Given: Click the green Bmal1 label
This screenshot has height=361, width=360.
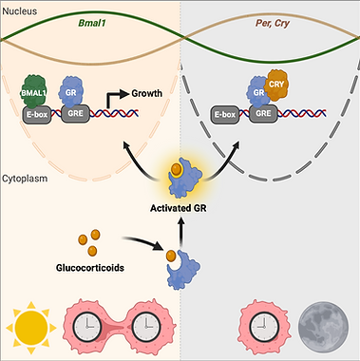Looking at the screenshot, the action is [92, 24].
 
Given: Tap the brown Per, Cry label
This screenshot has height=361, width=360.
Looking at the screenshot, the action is [273, 24].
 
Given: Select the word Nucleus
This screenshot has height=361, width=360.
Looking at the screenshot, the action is [20, 11].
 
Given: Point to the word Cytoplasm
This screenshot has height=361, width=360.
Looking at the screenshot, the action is [25, 179].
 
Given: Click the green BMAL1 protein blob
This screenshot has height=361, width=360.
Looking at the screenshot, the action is [34, 91].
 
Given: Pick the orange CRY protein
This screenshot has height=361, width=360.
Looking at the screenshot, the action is [275, 85].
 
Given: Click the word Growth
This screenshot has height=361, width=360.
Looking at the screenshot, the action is [146, 93].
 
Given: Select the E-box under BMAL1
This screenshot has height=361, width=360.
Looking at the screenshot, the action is [37, 114].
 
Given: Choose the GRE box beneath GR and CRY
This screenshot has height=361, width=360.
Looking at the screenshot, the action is [263, 114].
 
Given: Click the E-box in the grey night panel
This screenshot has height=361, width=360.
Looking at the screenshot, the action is [225, 114].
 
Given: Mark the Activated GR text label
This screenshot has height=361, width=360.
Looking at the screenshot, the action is [179, 209].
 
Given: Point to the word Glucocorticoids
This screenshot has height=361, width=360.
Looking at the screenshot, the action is [90, 268].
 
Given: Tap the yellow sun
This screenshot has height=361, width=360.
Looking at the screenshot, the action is [31, 328].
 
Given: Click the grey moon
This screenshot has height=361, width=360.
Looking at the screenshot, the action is [324, 326].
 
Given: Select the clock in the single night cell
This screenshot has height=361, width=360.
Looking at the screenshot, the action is [263, 326].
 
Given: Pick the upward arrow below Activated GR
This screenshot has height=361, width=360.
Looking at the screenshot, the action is [181, 233].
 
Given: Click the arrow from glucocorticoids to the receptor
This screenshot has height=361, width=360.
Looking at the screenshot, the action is [142, 242].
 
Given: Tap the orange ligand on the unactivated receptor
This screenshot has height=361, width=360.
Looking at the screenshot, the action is [171, 255].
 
